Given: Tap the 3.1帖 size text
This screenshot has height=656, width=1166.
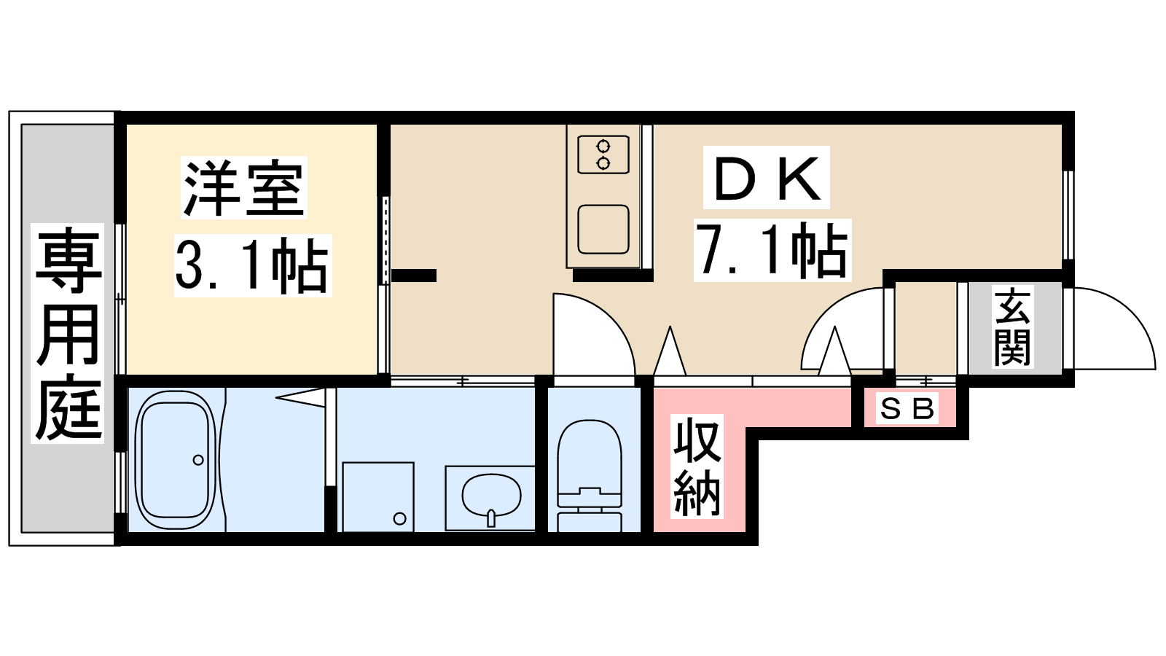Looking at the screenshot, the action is tap(252, 265).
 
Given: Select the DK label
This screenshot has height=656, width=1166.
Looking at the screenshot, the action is tap(767, 178).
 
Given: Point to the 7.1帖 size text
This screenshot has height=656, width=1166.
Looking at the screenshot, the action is tap(772, 251).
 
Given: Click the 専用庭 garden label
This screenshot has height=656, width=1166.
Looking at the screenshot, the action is tap(68, 333).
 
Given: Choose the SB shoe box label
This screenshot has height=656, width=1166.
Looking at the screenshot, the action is tap(907, 409).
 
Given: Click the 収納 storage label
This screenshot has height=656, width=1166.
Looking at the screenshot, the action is tap(697, 466).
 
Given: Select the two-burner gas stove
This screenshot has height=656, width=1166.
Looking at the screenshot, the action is tap(603, 155).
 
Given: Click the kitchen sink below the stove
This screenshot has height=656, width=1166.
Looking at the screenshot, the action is tap(603, 230).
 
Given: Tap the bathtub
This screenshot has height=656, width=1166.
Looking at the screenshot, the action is tap(176, 460).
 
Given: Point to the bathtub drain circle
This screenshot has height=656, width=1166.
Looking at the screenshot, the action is tap(198, 460).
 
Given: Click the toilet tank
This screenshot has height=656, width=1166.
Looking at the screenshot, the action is tap(590, 522).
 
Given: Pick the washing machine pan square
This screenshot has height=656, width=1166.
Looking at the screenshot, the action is tap(378, 497).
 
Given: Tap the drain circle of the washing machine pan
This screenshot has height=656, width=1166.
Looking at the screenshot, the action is tap(400, 518).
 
